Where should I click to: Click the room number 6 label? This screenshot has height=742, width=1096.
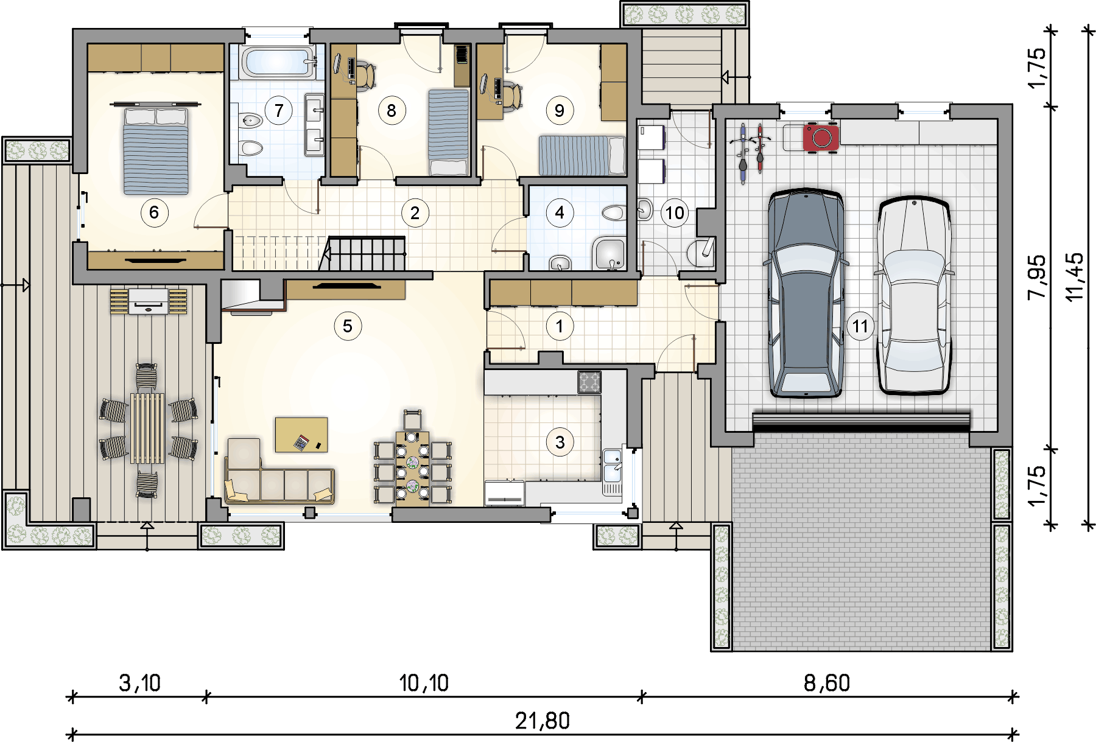point(154,212)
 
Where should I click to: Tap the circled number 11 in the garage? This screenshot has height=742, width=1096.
point(860,326)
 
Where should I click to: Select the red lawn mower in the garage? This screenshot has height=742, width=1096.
point(821,137)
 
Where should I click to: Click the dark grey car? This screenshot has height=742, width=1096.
point(806,293)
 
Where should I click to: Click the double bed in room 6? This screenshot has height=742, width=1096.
point(156,149)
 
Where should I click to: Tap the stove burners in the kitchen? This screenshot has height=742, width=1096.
point(589,382)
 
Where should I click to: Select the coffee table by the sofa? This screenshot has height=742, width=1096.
point(301,435)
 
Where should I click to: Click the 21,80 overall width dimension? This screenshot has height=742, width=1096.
point(542,721)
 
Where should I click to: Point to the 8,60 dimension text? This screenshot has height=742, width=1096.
point(826,683)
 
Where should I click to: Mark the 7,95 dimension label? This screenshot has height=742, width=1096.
point(1037,276)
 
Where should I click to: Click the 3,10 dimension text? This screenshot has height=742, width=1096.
point(139,683)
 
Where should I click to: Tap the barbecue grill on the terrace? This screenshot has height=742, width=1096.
point(149,301)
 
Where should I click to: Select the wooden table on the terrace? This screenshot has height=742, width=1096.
point(147,429)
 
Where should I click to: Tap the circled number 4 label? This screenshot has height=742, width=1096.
point(560,212)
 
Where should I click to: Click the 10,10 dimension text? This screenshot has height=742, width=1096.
point(424,683)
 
